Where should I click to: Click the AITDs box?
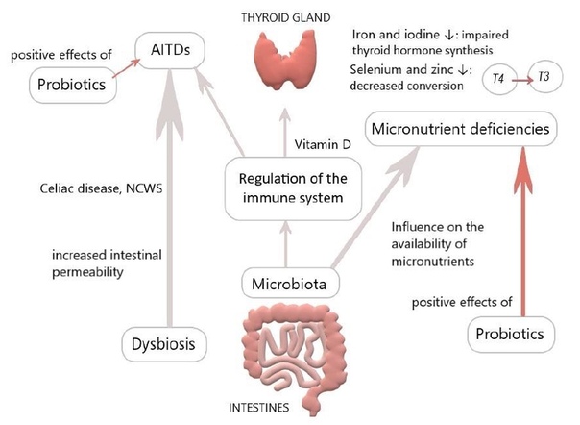(x=170, y=50)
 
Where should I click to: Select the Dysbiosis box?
(x=164, y=344)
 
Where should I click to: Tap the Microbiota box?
(x=290, y=285)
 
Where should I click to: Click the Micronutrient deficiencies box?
(x=461, y=129)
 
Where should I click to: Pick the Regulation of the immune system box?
(x=293, y=188)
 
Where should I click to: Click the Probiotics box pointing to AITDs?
(x=73, y=85)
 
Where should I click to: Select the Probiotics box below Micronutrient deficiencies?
(x=511, y=335)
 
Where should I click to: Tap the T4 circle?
(x=498, y=79)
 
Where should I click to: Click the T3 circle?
(x=544, y=77)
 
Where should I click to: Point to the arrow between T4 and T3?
(x=522, y=79)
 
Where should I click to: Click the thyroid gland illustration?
(x=285, y=60)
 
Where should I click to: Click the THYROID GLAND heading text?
(x=285, y=17)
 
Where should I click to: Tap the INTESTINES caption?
(x=258, y=408)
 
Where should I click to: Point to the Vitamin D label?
(x=323, y=144)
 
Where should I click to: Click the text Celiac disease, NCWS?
(x=101, y=188)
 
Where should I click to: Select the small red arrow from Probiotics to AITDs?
(x=126, y=68)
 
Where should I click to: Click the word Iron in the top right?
(x=364, y=35)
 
